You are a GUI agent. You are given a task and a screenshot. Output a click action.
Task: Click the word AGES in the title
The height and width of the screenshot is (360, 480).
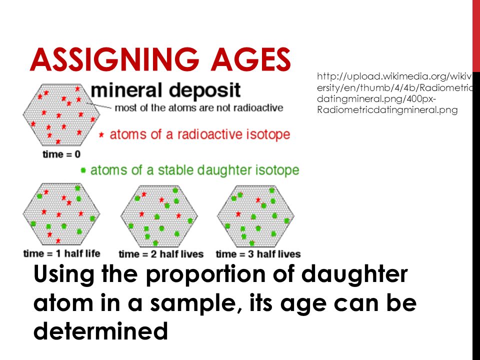pyautogui.click(x=250, y=59)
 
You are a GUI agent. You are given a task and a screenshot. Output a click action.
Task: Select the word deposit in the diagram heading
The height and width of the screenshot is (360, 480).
pyautogui.click(x=205, y=91)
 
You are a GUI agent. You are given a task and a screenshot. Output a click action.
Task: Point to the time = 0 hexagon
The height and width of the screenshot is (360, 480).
pyautogui.click(x=61, y=114)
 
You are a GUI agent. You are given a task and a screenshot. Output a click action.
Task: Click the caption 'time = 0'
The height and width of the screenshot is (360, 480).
pyautogui.click(x=61, y=154)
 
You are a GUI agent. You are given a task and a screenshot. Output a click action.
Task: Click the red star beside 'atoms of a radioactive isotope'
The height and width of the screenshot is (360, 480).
pyautogui.click(x=101, y=134)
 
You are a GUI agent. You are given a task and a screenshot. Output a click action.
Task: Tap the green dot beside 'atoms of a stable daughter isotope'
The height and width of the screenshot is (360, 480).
pyautogui.click(x=83, y=170)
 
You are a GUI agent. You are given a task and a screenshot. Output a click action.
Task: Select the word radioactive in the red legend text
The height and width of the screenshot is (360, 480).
pyautogui.click(x=210, y=134)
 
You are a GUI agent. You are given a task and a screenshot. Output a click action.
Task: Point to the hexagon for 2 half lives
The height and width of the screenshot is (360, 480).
pyautogui.click(x=159, y=216)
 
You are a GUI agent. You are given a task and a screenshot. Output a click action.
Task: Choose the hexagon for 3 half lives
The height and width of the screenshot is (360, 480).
pyautogui.click(x=255, y=216)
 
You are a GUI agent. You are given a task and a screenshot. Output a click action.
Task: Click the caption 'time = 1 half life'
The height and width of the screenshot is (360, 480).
pyautogui.click(x=62, y=254)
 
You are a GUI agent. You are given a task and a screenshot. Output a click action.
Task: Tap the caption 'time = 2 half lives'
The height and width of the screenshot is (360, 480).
pyautogui.click(x=161, y=254)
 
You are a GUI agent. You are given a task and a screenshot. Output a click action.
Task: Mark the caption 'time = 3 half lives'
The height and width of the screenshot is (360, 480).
pyautogui.click(x=258, y=254)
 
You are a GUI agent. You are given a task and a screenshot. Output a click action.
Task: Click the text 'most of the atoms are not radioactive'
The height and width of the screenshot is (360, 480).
pyautogui.click(x=199, y=108)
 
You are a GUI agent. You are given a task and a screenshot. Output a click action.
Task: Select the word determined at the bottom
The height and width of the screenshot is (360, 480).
pyautogui.click(x=100, y=331)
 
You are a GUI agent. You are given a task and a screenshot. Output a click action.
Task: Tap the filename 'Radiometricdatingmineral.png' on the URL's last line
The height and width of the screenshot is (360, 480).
pyautogui.click(x=387, y=110)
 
